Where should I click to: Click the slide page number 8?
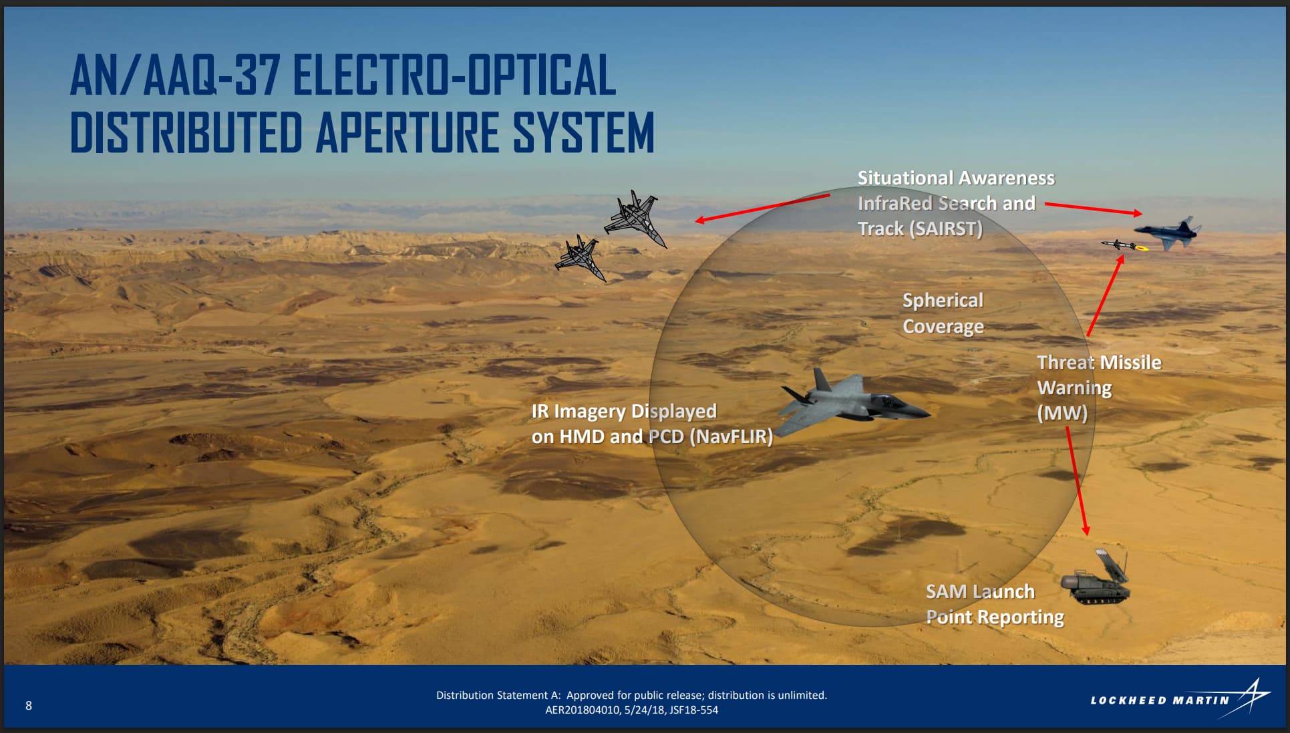29,706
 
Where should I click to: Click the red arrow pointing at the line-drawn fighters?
762,208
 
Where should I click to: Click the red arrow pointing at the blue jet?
1094,208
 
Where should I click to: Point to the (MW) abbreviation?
1062,413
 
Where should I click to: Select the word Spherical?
943,301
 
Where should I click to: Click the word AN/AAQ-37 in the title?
176,76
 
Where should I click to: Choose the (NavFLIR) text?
731,437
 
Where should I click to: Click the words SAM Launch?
980,591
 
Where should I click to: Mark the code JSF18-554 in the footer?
691,710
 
